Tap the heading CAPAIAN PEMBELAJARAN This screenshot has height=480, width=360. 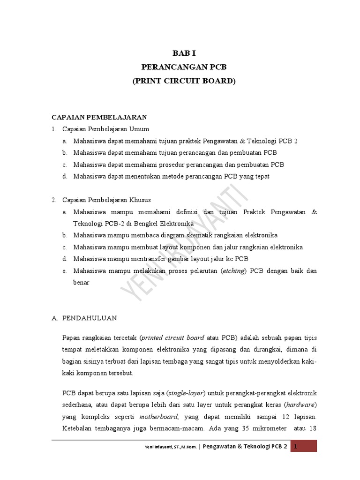(x=99, y=117)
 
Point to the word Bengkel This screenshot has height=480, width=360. (x=135, y=223)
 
